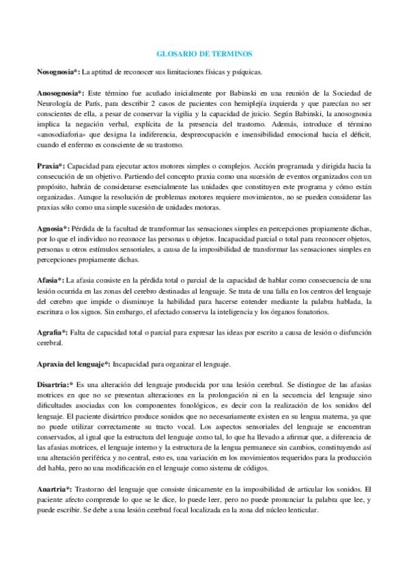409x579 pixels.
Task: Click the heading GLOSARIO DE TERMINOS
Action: point(204,53)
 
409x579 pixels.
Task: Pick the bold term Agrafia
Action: point(51,332)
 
